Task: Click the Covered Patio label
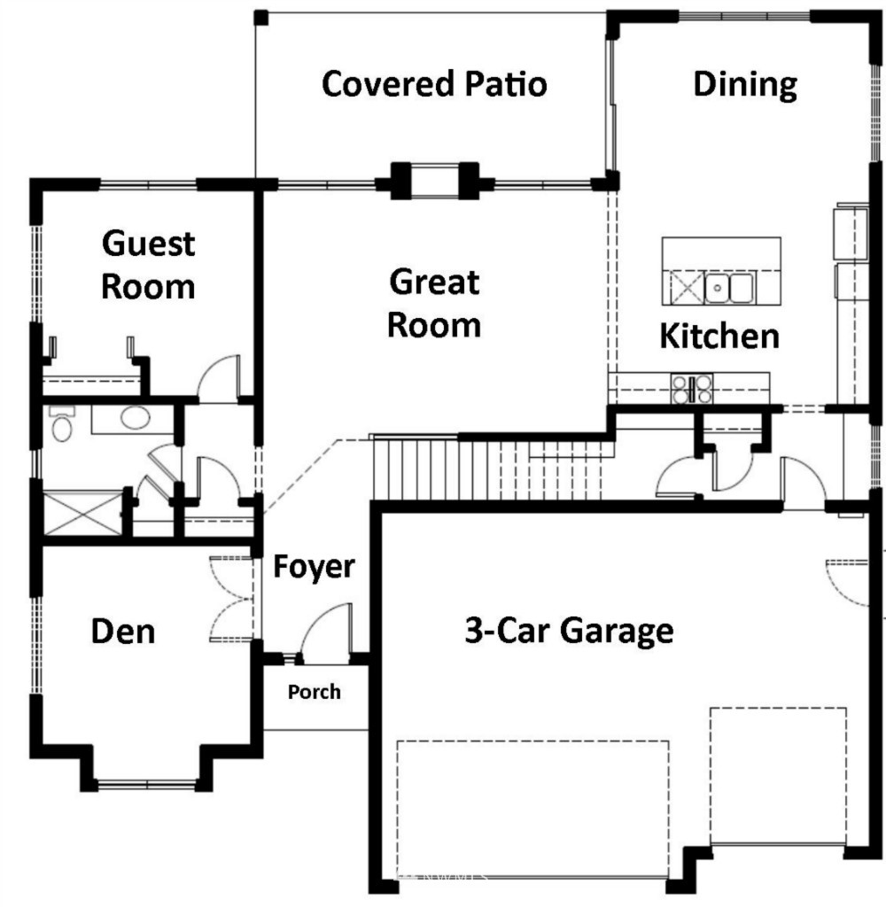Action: click(x=434, y=84)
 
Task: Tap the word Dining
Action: click(x=745, y=85)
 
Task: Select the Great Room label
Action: click(x=434, y=303)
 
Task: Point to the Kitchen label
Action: click(x=719, y=336)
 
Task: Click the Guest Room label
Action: click(x=148, y=265)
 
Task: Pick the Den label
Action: click(x=123, y=631)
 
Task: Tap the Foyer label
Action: click(x=314, y=567)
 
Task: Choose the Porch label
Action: click(x=315, y=692)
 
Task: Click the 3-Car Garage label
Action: click(x=570, y=631)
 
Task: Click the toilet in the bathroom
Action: click(x=62, y=424)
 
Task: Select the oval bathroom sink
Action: click(x=135, y=417)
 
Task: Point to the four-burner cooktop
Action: click(x=692, y=389)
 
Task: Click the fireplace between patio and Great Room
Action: click(x=435, y=181)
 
